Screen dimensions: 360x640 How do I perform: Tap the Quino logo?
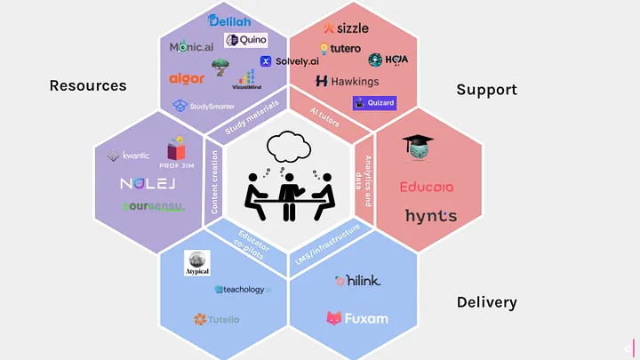tap(246, 40)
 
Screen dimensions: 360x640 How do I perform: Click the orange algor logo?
tap(187, 79)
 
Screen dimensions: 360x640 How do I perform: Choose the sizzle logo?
tap(347, 28)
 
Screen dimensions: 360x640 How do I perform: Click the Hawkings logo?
tap(348, 81)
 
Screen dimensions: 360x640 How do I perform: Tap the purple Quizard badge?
tap(374, 103)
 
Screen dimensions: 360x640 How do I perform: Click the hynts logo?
tap(430, 215)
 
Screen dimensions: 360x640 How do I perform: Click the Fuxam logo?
tap(357, 316)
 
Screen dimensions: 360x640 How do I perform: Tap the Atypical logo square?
tap(196, 262)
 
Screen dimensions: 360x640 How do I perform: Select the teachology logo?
tap(242, 290)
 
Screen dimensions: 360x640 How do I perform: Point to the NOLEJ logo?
tap(150, 184)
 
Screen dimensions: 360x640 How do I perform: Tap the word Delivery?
tap(486, 302)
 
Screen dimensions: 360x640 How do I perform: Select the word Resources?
tap(88, 86)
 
